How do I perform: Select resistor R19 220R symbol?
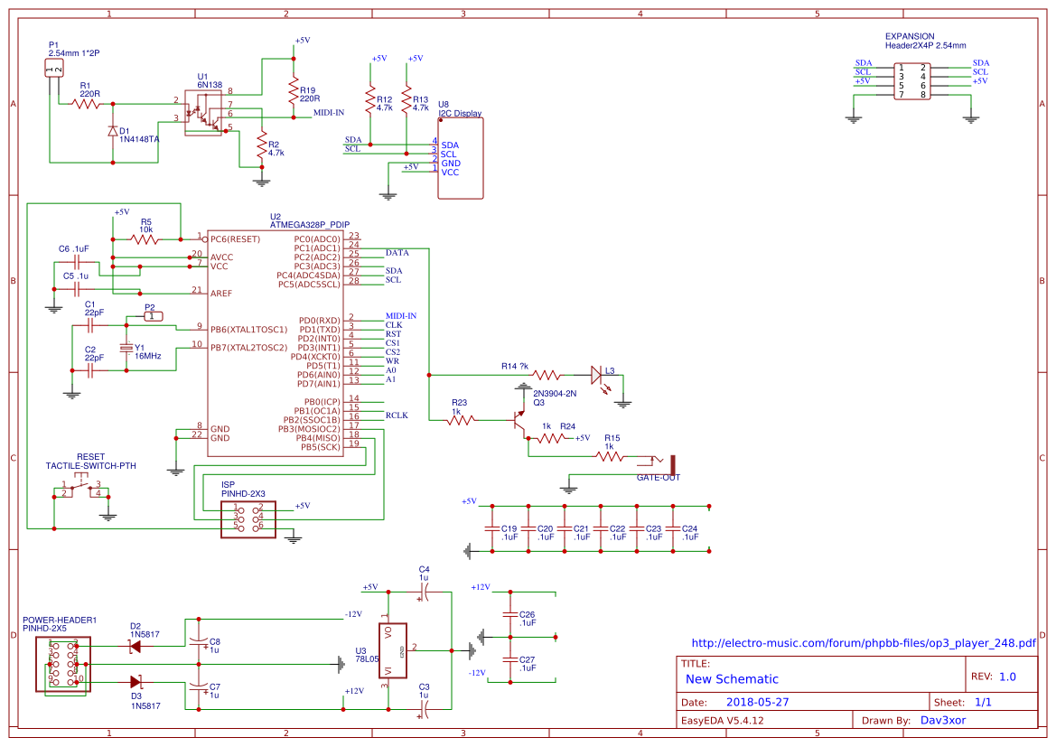293,91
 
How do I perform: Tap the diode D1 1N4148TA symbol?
113,132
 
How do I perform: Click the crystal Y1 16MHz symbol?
126,349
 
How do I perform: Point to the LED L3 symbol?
596,374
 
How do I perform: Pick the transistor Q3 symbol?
519,420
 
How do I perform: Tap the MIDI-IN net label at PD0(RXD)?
400,316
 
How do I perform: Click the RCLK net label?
397,416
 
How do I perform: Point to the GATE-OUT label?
658,477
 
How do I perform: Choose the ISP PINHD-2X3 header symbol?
248,519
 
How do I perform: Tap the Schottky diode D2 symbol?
136,645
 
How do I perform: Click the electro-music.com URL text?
863,643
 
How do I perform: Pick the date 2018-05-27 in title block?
758,702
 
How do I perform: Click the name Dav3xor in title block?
943,721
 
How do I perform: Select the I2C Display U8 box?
461,159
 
